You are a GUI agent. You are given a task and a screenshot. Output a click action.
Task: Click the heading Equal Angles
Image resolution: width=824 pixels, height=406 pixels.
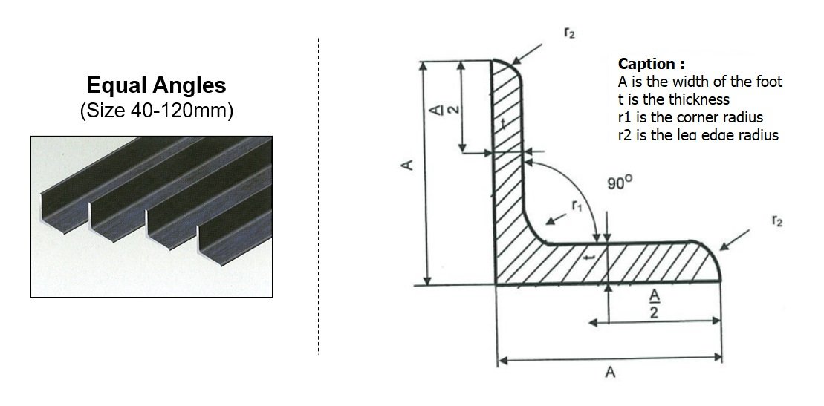point(156,85)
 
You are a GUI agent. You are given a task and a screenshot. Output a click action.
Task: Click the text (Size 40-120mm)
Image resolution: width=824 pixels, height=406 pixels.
point(156,111)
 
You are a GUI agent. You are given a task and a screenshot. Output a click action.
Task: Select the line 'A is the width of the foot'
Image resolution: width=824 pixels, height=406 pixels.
point(700,82)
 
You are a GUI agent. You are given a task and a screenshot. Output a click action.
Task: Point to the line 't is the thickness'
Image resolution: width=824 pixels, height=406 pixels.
point(674,99)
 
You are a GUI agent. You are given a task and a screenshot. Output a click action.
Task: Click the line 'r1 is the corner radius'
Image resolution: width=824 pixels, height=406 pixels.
point(690,117)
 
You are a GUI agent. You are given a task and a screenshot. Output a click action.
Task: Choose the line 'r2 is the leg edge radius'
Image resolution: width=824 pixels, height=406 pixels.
point(698,134)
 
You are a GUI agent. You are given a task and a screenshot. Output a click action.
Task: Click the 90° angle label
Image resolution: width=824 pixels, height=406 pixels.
point(620,183)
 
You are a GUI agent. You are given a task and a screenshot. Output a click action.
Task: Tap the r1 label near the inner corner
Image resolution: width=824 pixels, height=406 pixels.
point(577,206)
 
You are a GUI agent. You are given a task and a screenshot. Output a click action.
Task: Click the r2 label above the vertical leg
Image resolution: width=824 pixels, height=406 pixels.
point(569,33)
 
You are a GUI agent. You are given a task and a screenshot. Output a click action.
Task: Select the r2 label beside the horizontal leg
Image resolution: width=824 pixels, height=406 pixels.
point(777,221)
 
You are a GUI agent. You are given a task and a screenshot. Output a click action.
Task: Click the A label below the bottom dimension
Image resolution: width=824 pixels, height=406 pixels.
point(609,373)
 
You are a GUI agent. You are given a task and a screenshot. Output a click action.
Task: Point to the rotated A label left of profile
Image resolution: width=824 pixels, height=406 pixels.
point(407,165)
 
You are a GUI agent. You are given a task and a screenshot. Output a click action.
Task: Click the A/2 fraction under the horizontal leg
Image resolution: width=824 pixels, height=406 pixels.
point(655,304)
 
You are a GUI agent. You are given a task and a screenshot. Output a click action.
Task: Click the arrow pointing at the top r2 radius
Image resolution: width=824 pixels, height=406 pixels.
point(527,54)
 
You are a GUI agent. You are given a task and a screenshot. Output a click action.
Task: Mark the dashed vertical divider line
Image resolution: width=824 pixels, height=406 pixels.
point(319,196)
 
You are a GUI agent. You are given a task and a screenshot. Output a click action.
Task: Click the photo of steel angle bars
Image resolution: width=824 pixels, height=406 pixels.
point(152,217)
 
